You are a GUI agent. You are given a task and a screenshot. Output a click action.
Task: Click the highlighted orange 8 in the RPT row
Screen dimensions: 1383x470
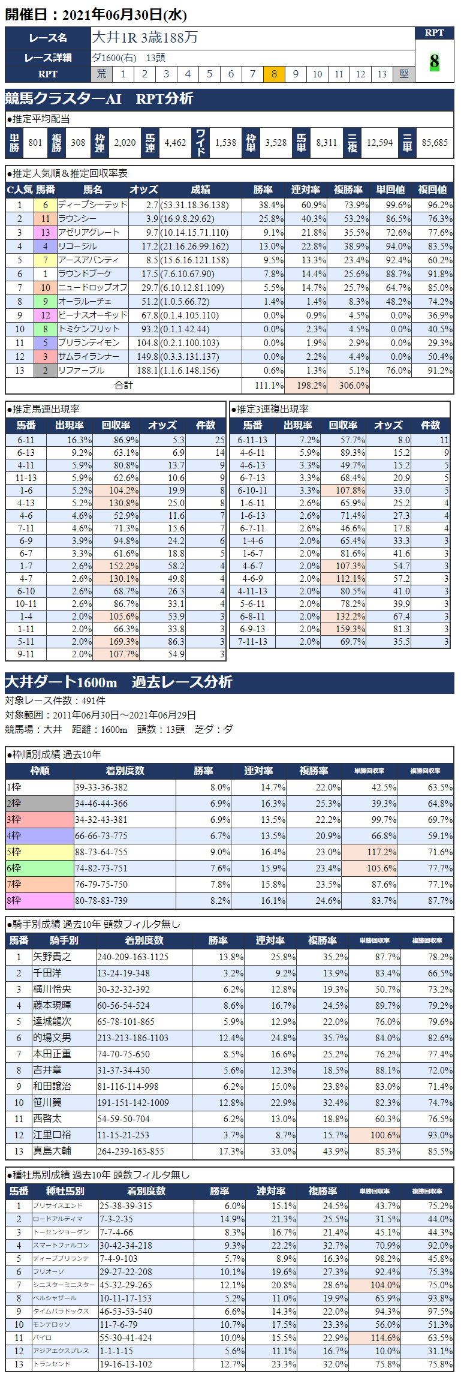274,74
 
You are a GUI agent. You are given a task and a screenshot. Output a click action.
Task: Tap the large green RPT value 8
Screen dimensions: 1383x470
434,61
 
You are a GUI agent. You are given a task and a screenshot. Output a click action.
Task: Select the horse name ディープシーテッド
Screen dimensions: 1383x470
92,205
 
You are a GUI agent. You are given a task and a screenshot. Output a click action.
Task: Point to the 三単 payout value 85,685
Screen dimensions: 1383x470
435,143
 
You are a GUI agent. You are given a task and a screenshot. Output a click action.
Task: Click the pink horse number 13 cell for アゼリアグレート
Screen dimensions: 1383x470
46,233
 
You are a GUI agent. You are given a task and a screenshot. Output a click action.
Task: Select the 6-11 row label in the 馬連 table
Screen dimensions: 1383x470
26,440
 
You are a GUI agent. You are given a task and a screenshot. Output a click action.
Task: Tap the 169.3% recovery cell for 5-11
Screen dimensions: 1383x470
116,642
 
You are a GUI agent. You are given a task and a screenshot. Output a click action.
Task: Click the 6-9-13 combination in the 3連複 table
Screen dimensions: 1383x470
252,629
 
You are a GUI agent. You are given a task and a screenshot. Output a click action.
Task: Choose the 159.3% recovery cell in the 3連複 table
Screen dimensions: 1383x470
343,629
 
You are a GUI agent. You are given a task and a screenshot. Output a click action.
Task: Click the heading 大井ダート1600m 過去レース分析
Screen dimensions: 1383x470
119,683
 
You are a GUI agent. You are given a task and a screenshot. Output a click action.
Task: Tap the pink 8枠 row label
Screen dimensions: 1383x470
40,901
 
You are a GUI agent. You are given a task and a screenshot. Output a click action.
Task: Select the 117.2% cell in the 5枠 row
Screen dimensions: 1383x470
373,852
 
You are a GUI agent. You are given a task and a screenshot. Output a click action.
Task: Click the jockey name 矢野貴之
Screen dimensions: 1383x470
52,957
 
